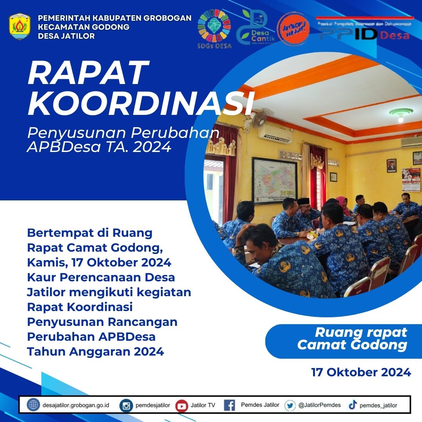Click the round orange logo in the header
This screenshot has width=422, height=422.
[x=293, y=29]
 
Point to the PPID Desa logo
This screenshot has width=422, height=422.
[x=364, y=29]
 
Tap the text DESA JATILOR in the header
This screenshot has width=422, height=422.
[x=66, y=36]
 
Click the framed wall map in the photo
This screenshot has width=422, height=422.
[x=274, y=181]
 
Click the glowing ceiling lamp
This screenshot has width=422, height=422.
[x=401, y=114]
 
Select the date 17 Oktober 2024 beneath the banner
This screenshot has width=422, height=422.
[x=361, y=372]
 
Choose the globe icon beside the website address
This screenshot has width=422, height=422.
[x=33, y=405]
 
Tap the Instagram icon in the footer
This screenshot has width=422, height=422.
[x=126, y=406]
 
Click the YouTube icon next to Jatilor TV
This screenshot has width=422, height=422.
[x=181, y=406]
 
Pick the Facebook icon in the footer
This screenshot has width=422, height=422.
[x=229, y=405]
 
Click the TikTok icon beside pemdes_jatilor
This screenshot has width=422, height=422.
[x=352, y=405]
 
